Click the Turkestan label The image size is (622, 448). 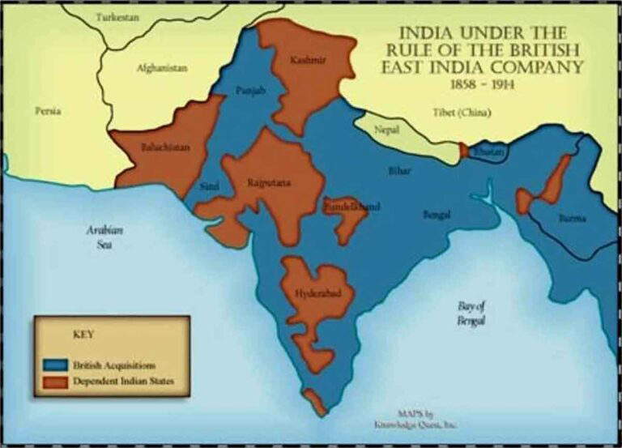(117, 17)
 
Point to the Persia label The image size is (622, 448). (48, 111)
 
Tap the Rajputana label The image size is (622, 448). (268, 183)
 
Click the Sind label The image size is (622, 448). (208, 186)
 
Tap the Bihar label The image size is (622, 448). (399, 172)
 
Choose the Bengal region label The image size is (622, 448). (437, 215)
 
